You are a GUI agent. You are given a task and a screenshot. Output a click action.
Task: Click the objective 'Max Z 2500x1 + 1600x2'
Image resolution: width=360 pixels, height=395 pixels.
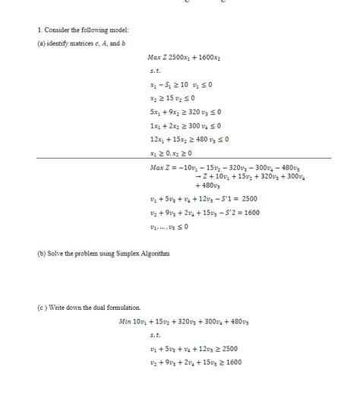point(185,57)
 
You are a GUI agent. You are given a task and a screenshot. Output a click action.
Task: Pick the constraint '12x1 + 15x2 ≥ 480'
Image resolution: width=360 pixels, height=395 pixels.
point(189,139)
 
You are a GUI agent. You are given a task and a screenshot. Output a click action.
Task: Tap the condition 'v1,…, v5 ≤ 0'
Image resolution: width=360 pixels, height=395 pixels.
point(169,226)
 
